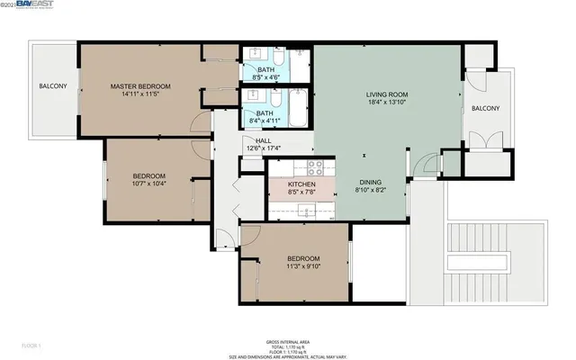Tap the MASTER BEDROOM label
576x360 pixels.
[x=140, y=86]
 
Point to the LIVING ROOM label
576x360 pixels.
[x=387, y=94]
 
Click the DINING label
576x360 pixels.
[x=371, y=181]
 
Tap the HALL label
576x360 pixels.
[x=263, y=140]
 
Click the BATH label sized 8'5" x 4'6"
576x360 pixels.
[x=266, y=69]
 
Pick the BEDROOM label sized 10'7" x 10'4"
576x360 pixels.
[x=149, y=175]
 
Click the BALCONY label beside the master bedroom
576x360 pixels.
[x=52, y=86]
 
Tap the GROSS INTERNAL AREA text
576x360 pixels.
[x=288, y=341]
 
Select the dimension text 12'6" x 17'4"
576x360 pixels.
[x=263, y=149]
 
